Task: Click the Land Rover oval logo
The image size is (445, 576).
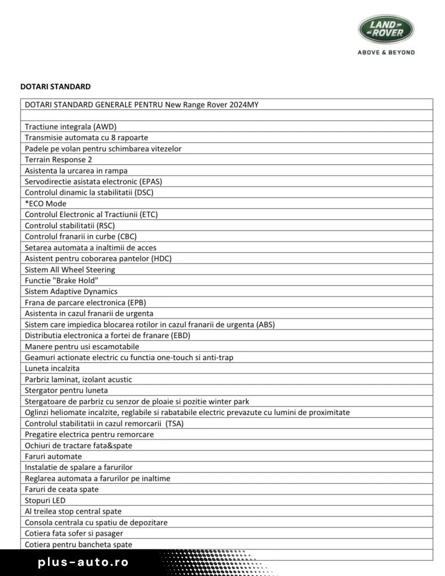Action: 386,29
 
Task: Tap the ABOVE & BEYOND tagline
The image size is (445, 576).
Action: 386,52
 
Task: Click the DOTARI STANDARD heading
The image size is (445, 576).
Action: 55,86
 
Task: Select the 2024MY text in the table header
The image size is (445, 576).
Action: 244,105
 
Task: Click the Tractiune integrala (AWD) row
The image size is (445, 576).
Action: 70,126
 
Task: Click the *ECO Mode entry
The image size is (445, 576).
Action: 46,203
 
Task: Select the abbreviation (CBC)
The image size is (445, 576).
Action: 131,236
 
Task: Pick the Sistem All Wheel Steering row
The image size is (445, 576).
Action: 70,269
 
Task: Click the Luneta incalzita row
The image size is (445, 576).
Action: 52,368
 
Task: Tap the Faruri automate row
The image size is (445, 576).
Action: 53,457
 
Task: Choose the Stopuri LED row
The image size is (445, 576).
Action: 45,500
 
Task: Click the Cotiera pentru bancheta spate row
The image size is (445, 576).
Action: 78,545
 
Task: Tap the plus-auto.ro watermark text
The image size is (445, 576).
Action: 84,563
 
